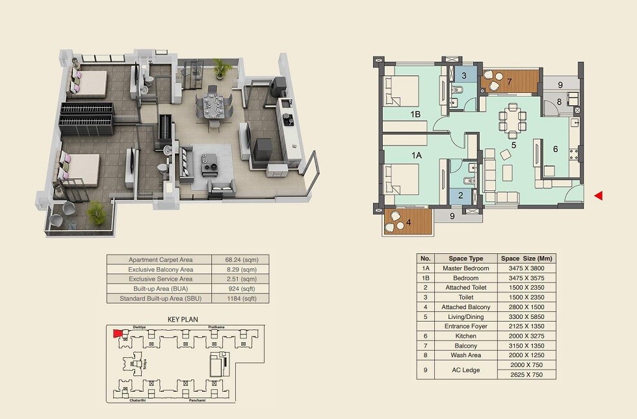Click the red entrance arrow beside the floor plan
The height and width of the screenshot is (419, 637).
[x=599, y=196]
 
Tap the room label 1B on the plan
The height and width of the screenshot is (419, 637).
[x=415, y=115]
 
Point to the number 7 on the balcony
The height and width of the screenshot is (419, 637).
[x=510, y=82]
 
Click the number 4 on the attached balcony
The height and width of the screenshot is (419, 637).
[x=408, y=222]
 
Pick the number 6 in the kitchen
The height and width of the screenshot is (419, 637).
[x=555, y=149]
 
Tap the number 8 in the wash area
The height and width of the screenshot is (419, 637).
[x=559, y=101]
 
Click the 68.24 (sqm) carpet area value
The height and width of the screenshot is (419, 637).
[x=240, y=259]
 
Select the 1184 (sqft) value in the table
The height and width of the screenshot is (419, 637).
[x=240, y=299]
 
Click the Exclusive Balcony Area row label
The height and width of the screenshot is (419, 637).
[x=160, y=269]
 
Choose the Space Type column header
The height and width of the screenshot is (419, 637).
[x=467, y=258]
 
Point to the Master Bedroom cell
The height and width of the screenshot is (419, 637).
[x=467, y=268]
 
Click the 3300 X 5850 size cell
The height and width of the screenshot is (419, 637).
[x=527, y=316]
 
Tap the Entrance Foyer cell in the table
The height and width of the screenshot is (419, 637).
[x=467, y=326]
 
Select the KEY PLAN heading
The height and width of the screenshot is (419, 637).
[x=182, y=320]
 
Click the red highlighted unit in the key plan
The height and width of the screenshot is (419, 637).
[x=118, y=333]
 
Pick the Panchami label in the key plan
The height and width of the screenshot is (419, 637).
[x=198, y=401]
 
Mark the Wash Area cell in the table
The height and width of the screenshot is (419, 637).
[x=467, y=355]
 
